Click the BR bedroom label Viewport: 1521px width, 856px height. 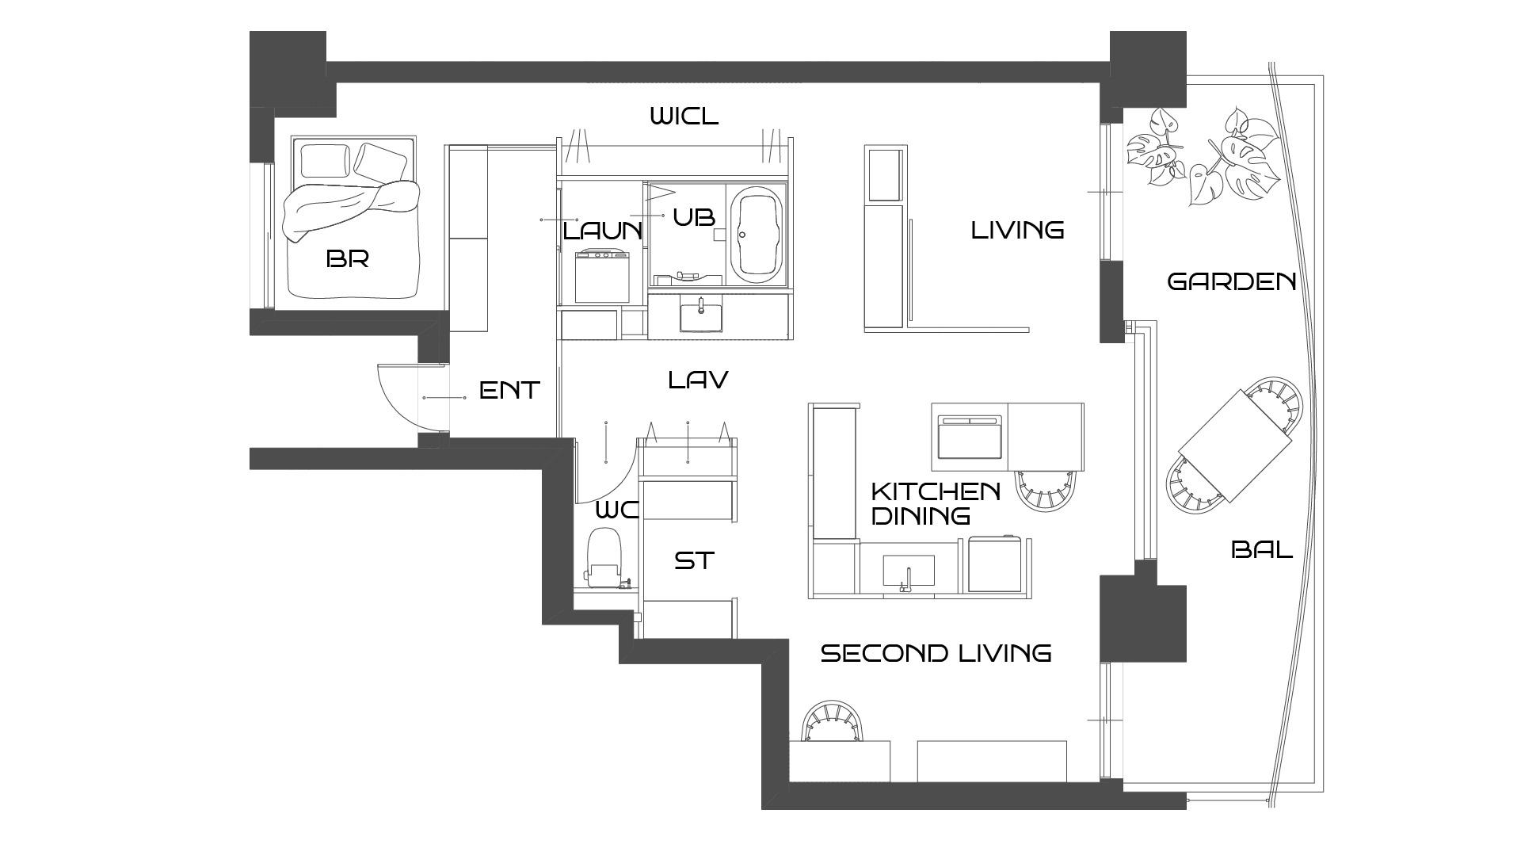pos(348,258)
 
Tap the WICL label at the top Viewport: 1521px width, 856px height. pos(684,117)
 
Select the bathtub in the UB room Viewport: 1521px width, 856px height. pos(757,234)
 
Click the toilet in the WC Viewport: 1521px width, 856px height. pos(605,557)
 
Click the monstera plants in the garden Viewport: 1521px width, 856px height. pos(1203,155)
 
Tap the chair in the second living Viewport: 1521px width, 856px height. pos(832,720)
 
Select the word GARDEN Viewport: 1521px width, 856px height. pos(1232,281)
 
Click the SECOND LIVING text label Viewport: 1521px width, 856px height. pos(936,653)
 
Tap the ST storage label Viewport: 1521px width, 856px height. pos(694,560)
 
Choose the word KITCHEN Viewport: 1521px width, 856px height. pos(936,491)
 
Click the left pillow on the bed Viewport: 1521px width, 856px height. pos(325,161)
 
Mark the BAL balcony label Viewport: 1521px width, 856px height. pos(1262,549)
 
